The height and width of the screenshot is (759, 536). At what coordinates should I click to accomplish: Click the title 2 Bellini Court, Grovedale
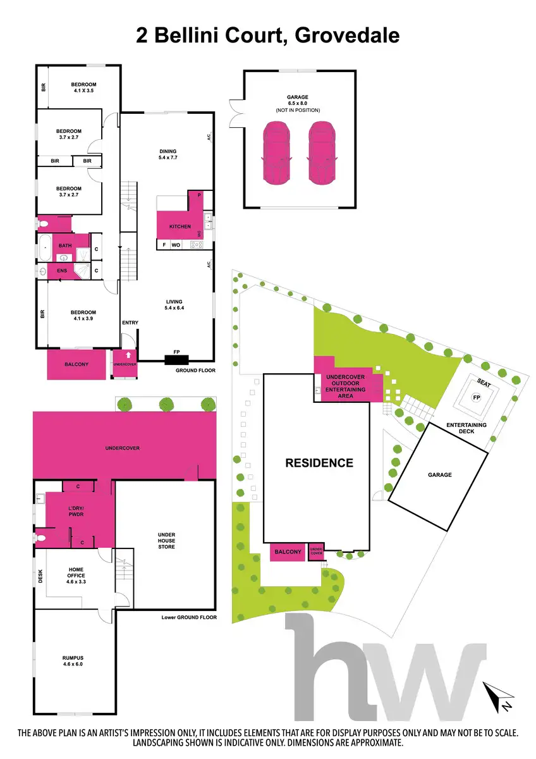(x=268, y=34)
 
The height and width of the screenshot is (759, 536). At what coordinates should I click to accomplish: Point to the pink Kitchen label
(x=180, y=226)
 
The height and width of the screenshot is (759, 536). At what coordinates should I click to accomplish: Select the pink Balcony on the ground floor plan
(x=77, y=365)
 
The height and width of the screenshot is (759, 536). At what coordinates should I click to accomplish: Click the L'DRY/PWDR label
(x=76, y=512)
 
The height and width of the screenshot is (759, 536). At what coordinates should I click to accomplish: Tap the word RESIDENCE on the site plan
(x=319, y=462)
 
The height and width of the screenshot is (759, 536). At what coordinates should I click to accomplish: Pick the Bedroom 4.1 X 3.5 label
(x=83, y=88)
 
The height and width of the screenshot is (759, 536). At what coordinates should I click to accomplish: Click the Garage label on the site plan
(x=439, y=474)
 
